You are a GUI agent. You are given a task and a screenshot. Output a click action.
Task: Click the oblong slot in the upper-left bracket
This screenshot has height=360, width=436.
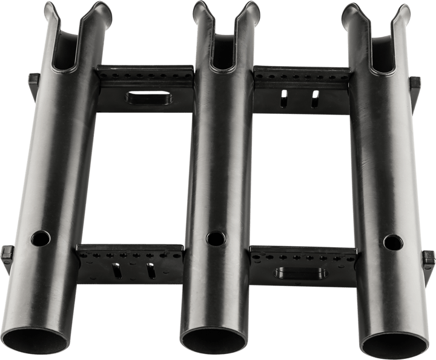140,98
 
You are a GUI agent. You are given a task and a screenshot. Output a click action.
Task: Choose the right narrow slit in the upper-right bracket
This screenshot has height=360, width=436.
315,98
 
